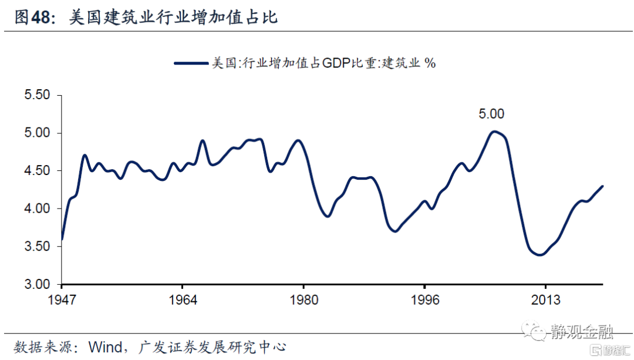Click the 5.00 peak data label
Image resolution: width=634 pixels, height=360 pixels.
pos(491,115)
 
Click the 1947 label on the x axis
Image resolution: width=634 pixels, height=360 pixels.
pos(62,300)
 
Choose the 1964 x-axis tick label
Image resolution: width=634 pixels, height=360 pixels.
pos(183,300)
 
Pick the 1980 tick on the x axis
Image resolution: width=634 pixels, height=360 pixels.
pos(303,300)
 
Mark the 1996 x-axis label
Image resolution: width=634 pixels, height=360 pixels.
pos(424,300)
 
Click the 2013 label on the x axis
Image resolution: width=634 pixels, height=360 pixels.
pos(545,300)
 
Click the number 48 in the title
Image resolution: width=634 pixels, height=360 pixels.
pos(41,18)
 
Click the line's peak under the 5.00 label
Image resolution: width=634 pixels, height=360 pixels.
pos(495,132)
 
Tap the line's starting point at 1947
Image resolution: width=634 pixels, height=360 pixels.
pos(62,239)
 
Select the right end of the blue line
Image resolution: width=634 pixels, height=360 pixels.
pos(602,186)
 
